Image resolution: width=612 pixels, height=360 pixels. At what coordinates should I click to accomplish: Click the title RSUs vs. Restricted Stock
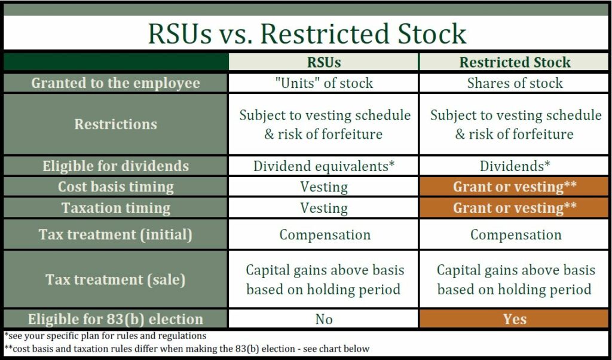click(307, 33)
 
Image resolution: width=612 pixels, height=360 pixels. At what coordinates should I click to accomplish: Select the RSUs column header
click(323, 62)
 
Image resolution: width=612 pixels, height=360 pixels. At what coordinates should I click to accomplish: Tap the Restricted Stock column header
click(515, 62)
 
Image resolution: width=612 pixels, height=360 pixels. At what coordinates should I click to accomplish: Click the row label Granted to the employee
click(115, 83)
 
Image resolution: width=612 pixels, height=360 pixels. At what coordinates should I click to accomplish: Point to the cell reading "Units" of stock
click(323, 83)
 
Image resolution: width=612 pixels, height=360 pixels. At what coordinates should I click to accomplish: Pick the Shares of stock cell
click(515, 83)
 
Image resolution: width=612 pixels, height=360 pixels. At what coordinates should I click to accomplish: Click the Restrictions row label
click(115, 124)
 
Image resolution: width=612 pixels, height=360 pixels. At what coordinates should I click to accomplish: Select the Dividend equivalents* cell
click(323, 166)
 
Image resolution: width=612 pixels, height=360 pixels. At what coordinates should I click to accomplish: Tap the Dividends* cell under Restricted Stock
click(515, 166)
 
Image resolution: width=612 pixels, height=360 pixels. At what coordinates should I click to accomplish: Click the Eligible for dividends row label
click(115, 166)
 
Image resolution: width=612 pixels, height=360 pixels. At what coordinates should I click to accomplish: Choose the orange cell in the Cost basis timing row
click(515, 187)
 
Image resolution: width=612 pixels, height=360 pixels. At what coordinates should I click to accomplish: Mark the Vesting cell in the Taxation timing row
click(323, 208)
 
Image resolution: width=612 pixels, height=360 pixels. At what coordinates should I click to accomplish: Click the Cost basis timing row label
click(115, 187)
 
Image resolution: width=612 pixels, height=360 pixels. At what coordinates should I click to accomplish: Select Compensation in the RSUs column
click(323, 234)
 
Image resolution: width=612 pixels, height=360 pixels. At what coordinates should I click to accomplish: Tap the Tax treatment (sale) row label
click(115, 279)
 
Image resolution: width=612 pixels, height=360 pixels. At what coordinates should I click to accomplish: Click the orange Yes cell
click(515, 319)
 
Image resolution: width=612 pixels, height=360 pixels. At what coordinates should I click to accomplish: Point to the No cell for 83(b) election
click(323, 319)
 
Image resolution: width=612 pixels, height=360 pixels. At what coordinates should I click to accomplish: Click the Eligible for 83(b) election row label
click(115, 319)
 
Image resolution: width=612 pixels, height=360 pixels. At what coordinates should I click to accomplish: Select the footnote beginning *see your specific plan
click(105, 336)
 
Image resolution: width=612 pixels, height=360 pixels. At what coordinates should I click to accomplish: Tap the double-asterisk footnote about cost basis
click(186, 349)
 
